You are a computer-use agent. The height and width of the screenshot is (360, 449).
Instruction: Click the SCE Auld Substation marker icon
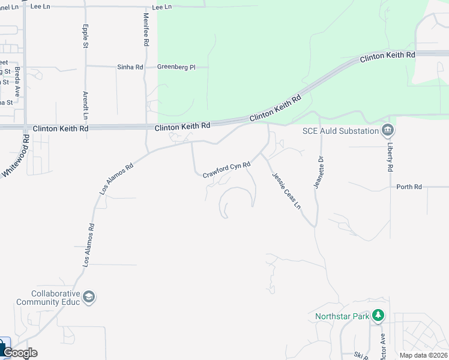click(388, 130)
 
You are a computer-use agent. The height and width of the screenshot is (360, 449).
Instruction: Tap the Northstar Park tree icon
click(378, 315)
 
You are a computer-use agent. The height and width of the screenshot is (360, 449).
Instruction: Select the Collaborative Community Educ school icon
click(89, 297)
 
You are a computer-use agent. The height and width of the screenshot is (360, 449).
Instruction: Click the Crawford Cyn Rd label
click(226, 169)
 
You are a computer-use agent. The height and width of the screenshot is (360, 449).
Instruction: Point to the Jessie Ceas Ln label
click(286, 190)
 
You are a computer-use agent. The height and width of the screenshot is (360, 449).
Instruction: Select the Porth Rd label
click(409, 187)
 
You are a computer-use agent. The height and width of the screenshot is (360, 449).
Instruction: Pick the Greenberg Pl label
click(176, 67)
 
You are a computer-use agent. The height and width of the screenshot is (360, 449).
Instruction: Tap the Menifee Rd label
click(146, 31)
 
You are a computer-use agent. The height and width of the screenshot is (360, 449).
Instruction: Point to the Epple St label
click(86, 36)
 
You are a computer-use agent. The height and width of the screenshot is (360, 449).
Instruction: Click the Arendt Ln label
click(85, 104)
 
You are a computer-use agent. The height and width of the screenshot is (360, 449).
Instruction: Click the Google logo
click(19, 353)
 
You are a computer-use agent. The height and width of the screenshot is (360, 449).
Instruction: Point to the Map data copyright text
click(423, 355)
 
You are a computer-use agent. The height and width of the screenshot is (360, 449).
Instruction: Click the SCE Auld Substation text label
click(340, 130)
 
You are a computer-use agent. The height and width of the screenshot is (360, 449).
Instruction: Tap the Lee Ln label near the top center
click(162, 7)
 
